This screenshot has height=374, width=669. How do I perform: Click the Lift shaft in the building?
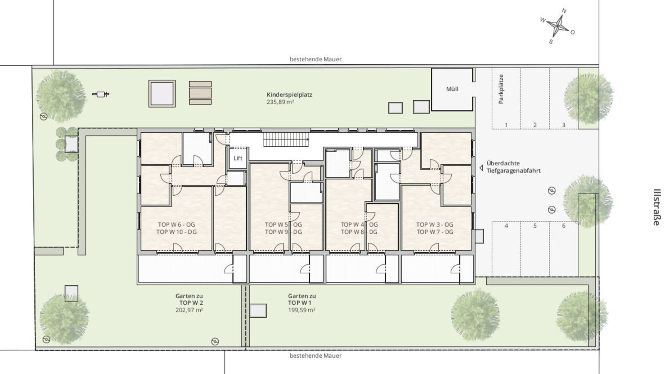click(238, 158)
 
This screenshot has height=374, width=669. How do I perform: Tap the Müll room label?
click(452, 89)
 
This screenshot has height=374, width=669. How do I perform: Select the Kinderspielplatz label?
click(289, 95)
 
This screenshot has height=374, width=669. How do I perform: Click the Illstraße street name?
click(656, 207)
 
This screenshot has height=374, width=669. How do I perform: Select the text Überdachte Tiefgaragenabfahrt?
click(514, 167)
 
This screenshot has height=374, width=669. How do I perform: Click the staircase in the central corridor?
click(286, 139)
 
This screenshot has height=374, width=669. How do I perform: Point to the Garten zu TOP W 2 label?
click(189, 299)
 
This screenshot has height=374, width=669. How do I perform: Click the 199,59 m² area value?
click(302, 310)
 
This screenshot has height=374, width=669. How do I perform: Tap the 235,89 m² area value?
click(280, 102)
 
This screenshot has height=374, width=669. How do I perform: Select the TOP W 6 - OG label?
click(176, 225)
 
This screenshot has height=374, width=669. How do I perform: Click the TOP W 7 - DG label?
click(435, 232)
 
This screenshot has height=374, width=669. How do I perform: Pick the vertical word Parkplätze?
click(501, 89)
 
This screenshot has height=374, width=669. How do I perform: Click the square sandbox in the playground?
click(162, 93)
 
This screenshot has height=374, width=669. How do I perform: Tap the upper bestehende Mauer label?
click(316, 59)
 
